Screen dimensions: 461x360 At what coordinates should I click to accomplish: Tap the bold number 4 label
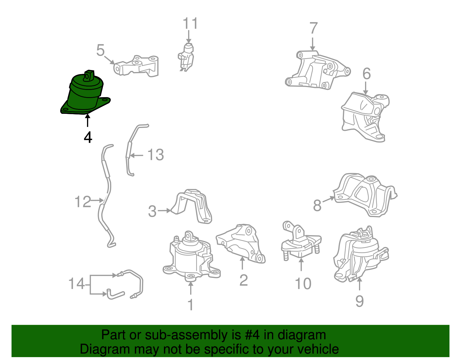pyautogui.click(x=88, y=137)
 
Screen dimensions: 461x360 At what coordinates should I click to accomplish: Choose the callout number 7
pyautogui.click(x=313, y=28)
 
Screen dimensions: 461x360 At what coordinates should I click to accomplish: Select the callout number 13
pyautogui.click(x=156, y=155)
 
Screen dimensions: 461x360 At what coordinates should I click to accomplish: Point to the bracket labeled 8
pyautogui.click(x=365, y=195)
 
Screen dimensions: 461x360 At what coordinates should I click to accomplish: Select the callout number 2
pyautogui.click(x=243, y=280)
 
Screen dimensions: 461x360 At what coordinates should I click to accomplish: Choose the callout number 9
pyautogui.click(x=359, y=301)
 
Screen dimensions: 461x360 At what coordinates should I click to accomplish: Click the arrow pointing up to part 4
pyautogui.click(x=87, y=120)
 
